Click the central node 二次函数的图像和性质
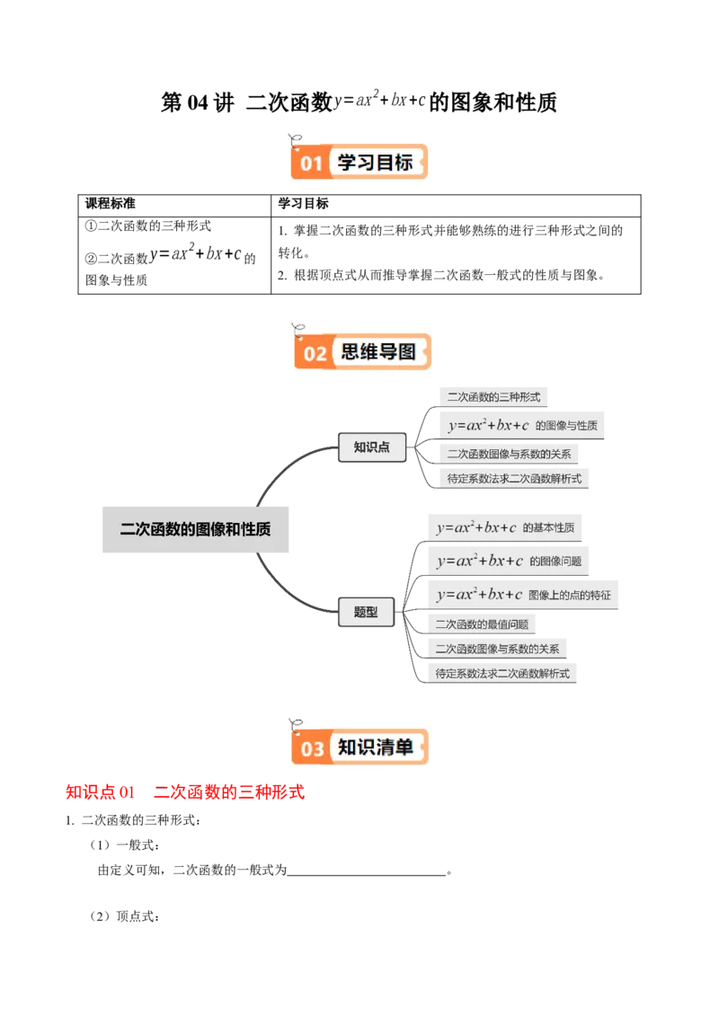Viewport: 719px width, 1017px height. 196,529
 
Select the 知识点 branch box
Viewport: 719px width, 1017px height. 371,447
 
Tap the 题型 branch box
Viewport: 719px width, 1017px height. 366,612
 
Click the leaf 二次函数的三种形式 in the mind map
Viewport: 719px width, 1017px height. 493,396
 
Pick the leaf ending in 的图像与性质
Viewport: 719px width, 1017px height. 523,425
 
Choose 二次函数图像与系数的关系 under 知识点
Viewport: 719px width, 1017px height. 509,454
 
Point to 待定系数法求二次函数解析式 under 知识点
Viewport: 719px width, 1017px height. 514,479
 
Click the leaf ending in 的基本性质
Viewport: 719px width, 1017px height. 505,527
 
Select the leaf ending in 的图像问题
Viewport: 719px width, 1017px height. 509,561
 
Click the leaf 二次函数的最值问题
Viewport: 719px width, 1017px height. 482,623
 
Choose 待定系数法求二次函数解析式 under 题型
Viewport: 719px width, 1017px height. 502,673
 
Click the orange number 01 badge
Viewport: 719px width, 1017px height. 310,164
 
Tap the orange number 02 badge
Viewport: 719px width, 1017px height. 314,352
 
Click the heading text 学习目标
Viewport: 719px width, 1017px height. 375,163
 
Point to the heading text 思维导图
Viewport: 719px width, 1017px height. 378,351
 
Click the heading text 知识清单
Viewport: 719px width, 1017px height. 376,747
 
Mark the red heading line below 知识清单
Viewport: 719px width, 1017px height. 186,793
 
